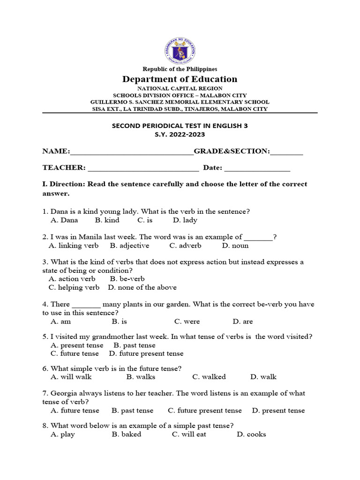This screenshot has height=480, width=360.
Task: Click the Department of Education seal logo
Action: (x=180, y=49)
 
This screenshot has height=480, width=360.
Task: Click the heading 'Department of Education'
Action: (x=180, y=79)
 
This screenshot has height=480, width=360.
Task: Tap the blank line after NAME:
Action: (x=132, y=151)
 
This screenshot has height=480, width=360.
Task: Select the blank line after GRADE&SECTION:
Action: (x=286, y=151)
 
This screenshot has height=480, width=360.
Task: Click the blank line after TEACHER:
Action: (x=143, y=168)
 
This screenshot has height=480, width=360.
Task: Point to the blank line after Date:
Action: (x=257, y=168)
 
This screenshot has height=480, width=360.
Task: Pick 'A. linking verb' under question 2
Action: (x=74, y=245)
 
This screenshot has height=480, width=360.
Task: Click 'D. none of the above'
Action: (x=142, y=287)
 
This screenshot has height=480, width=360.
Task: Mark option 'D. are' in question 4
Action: (x=243, y=322)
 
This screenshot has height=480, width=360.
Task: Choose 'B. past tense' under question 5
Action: (x=135, y=345)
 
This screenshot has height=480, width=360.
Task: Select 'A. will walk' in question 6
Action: (x=71, y=377)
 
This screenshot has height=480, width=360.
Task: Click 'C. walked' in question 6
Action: (x=209, y=377)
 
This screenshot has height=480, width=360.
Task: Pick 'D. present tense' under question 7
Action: (x=278, y=411)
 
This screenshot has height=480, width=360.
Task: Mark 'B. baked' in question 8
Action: (x=127, y=435)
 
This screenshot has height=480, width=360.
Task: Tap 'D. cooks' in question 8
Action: (x=251, y=435)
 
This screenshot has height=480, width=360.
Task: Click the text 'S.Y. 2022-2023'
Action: (x=180, y=135)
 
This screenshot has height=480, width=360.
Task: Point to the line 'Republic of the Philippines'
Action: (x=180, y=69)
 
